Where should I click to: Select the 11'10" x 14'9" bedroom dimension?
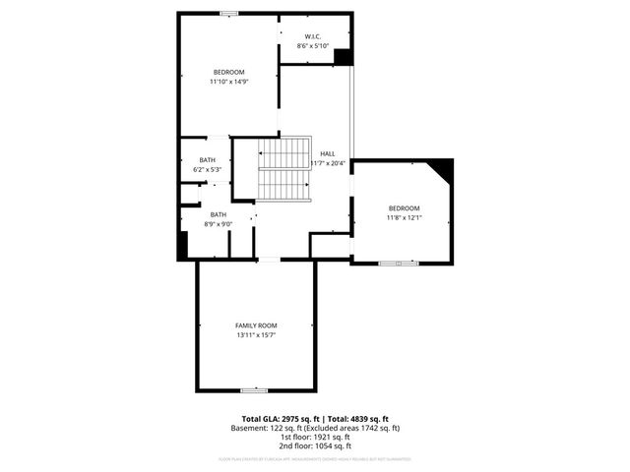click(228, 83)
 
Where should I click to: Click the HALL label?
click(328, 154)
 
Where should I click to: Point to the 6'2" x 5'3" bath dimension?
click(207, 170)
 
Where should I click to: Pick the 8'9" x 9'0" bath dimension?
click(218, 224)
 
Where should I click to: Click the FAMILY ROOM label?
click(255, 325)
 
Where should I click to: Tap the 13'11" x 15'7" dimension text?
click(255, 335)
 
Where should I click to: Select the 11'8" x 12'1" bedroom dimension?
click(404, 217)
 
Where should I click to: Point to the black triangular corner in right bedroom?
click(442, 169)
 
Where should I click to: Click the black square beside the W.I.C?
click(343, 57)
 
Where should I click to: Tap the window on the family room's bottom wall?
click(254, 390)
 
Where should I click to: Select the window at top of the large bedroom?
click(228, 14)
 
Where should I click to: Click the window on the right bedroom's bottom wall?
click(398, 263)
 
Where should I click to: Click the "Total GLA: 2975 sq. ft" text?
click(279, 419)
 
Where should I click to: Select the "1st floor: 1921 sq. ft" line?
click(315, 438)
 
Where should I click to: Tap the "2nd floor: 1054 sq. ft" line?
click(315, 446)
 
